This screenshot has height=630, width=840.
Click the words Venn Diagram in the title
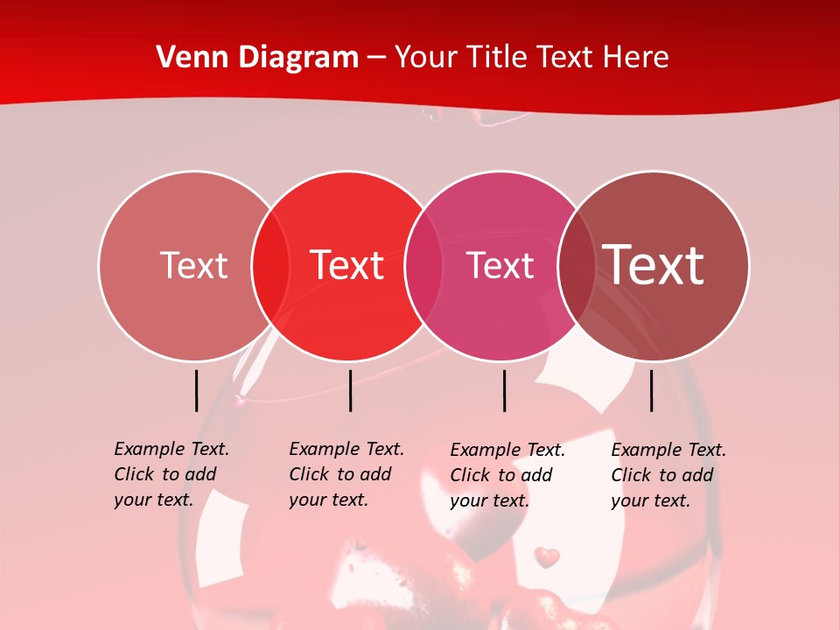257,58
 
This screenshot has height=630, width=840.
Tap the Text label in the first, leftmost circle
193,265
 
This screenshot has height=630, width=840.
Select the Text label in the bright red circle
347,265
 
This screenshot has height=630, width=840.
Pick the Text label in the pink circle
500,265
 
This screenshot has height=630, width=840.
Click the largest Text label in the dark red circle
654,265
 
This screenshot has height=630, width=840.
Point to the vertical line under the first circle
196,390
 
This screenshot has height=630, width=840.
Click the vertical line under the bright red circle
350,390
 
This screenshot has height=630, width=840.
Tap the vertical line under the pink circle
504,390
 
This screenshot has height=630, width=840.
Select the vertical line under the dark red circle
651,390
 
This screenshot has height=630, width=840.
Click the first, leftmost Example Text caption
171,474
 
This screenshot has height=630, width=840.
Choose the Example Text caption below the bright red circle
346,474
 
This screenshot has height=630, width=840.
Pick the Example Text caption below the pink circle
507,475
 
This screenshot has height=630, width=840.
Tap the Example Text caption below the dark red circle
668,475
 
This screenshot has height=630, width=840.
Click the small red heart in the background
547,556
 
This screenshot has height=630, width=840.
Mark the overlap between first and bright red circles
270,265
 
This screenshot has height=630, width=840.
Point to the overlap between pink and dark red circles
576,265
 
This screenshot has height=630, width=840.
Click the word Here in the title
637,58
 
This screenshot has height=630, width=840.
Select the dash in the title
376,58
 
